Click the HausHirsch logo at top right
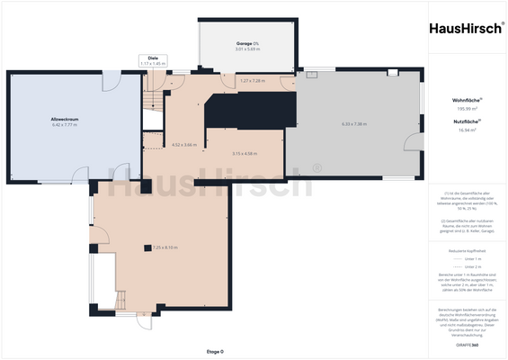click(464, 27)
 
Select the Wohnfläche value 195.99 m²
click(464, 108)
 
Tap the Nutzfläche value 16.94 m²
click(464, 130)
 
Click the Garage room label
click(246, 43)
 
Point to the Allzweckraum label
click(66, 118)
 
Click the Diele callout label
click(153, 57)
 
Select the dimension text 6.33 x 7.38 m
click(353, 124)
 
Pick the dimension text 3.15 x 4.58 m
click(244, 154)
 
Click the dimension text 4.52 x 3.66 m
click(183, 144)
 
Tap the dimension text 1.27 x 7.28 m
click(253, 81)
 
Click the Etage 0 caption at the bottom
click(215, 351)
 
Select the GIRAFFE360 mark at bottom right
click(468, 345)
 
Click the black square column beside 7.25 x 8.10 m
click(147, 247)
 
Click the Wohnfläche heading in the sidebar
click(464, 100)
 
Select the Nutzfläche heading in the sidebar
click(464, 121)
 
